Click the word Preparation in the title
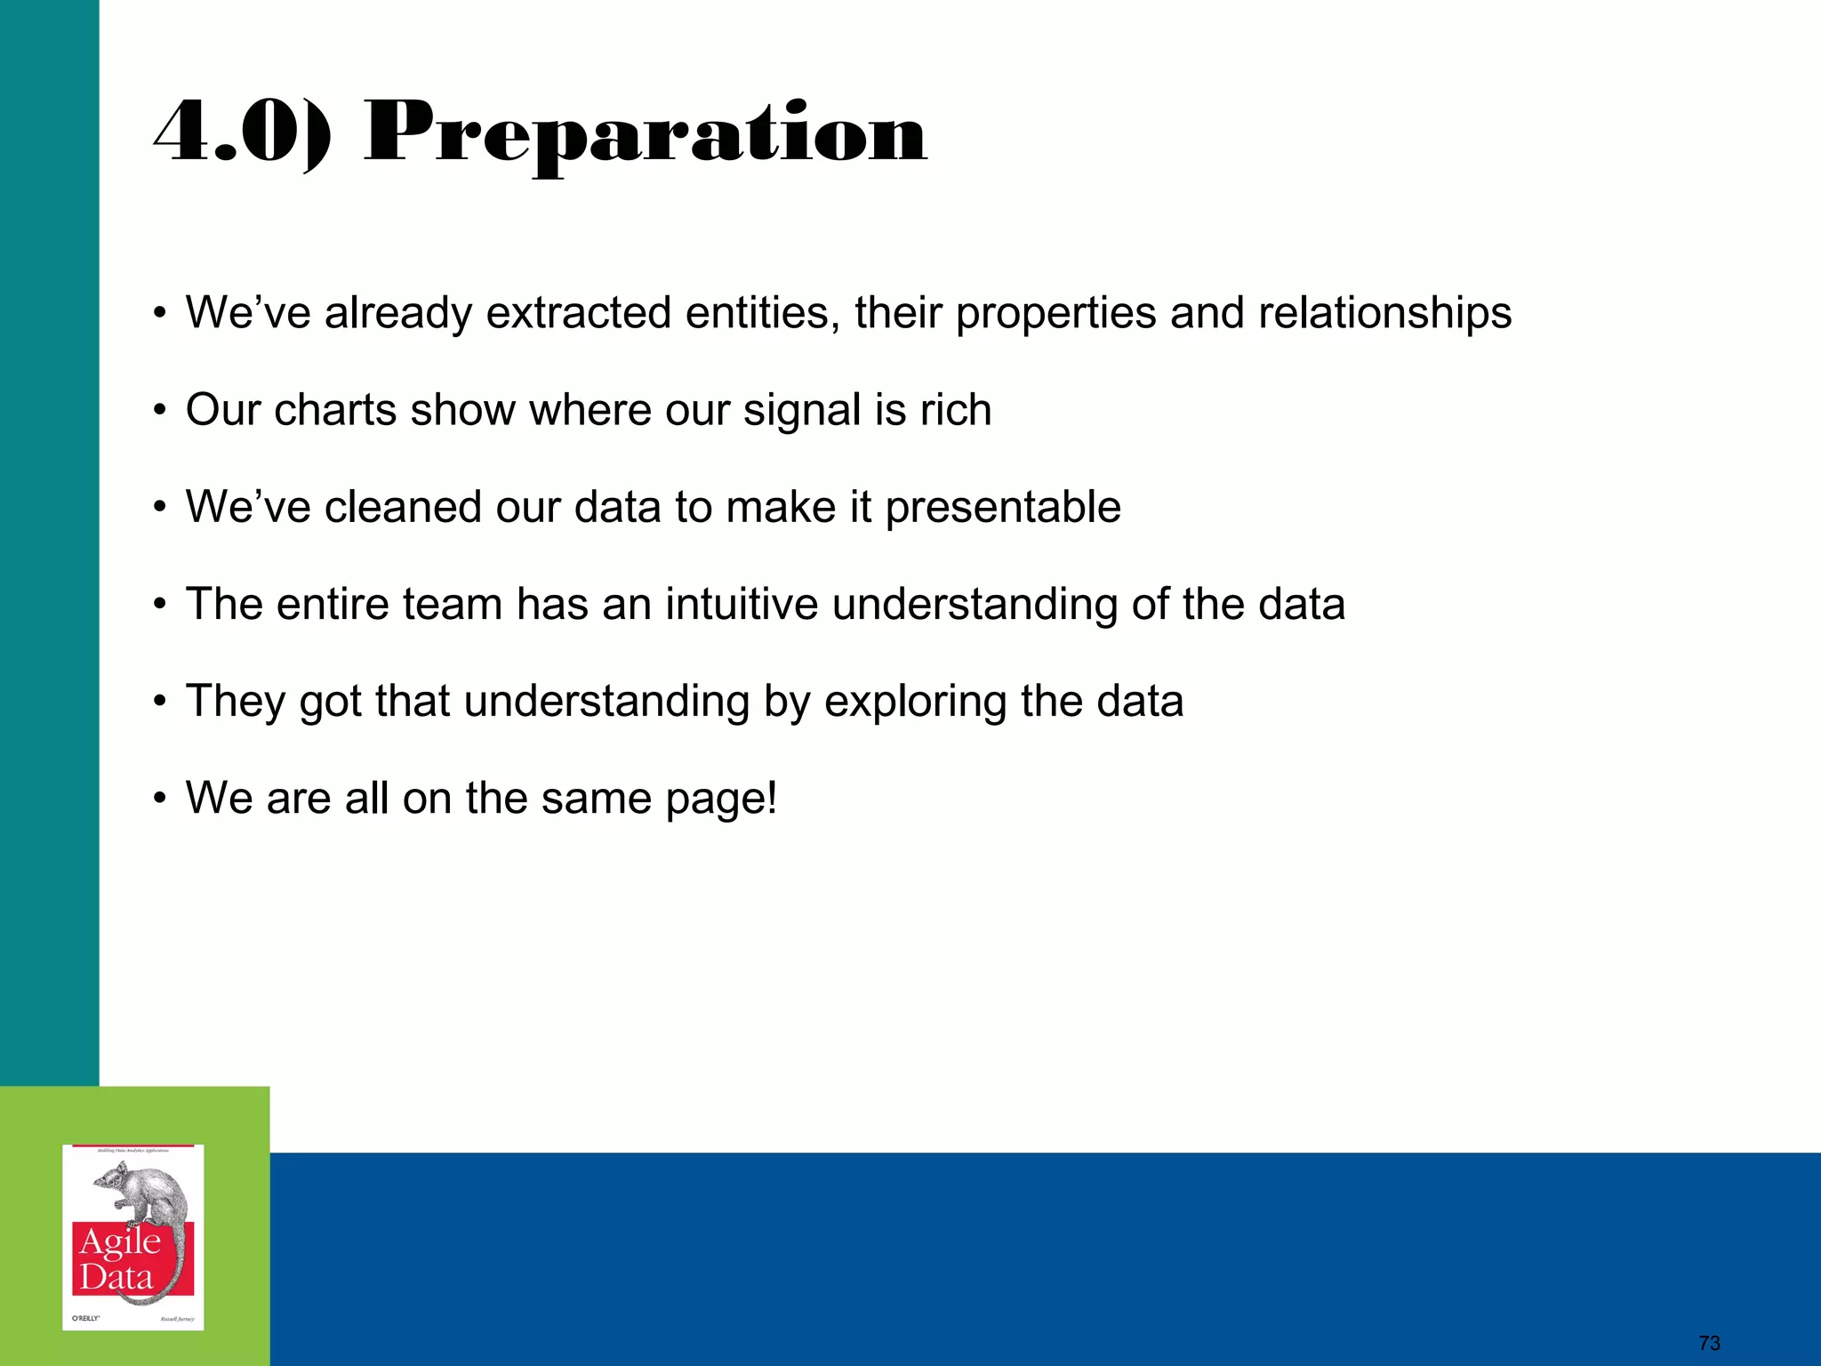pyautogui.click(x=646, y=135)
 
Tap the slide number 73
pyautogui.click(x=1709, y=1343)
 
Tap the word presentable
pyautogui.click(x=1002, y=507)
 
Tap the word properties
pyautogui.click(x=1055, y=313)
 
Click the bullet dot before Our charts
pyautogui.click(x=159, y=412)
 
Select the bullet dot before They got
pyautogui.click(x=159, y=703)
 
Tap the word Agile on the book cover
pyautogui.click(x=120, y=1241)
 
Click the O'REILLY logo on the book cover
pyautogui.click(x=85, y=1317)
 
